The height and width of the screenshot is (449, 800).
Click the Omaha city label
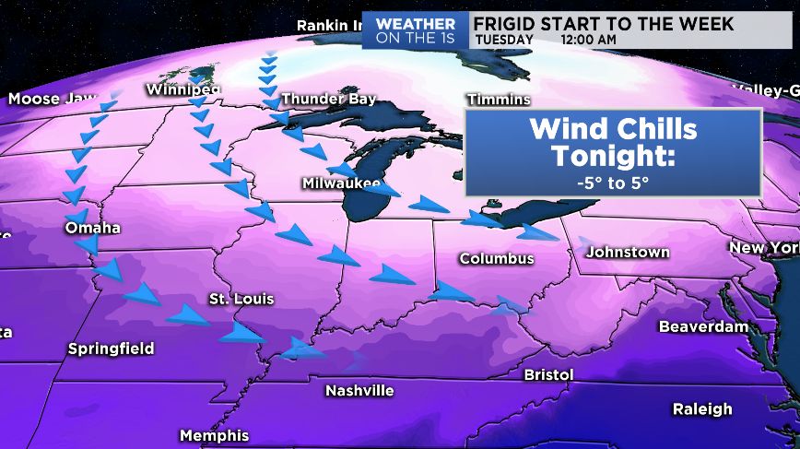(93, 228)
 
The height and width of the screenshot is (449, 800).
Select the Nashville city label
(359, 391)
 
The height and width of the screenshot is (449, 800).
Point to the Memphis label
(214, 435)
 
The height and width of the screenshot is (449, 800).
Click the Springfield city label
(111, 349)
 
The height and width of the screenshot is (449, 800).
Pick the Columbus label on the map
(497, 259)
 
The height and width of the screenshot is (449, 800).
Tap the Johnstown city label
(628, 252)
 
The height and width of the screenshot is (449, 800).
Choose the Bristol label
(548, 374)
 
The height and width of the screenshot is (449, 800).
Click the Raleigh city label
(702, 408)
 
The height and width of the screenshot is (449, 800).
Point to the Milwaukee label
(341, 183)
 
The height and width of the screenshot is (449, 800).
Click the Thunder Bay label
(328, 99)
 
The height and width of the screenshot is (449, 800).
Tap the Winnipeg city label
(183, 89)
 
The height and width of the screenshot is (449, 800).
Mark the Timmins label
(499, 99)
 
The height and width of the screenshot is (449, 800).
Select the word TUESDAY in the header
(504, 40)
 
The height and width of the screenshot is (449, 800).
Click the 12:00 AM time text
(588, 40)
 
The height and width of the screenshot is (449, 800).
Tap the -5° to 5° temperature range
(613, 182)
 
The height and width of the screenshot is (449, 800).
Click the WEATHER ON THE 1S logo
(416, 30)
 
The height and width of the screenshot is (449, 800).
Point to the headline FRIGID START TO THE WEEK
(604, 22)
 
